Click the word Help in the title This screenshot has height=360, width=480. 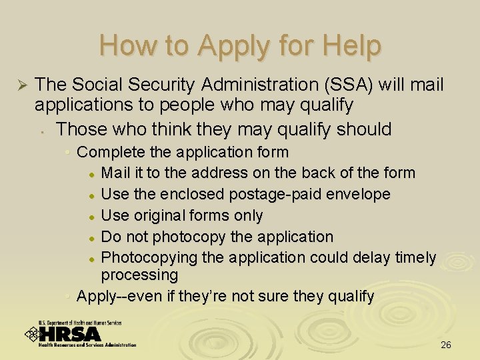point(351,46)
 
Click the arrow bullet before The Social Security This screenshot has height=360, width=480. point(20,85)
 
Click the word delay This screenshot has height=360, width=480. point(357,257)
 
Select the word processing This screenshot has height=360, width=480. point(139,275)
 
